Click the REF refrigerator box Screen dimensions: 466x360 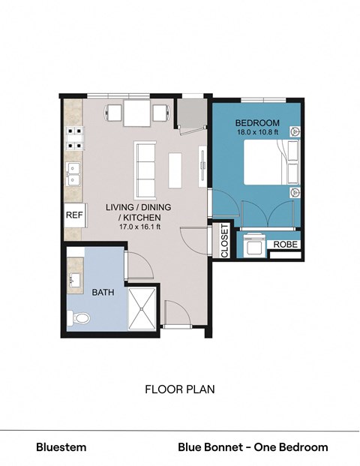point(73,215)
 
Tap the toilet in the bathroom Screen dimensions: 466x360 point(79,319)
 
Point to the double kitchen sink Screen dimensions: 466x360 point(73,175)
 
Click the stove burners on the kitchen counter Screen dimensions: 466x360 point(73,137)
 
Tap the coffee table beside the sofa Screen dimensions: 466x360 point(175,170)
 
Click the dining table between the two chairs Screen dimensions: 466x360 point(136,114)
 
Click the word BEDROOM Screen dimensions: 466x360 point(257,123)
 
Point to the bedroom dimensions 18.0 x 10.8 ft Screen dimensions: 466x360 point(257,133)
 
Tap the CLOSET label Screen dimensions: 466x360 point(224,241)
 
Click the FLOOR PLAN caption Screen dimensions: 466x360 point(179,389)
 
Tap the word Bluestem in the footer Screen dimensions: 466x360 point(61,447)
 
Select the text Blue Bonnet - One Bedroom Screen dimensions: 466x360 point(253,447)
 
